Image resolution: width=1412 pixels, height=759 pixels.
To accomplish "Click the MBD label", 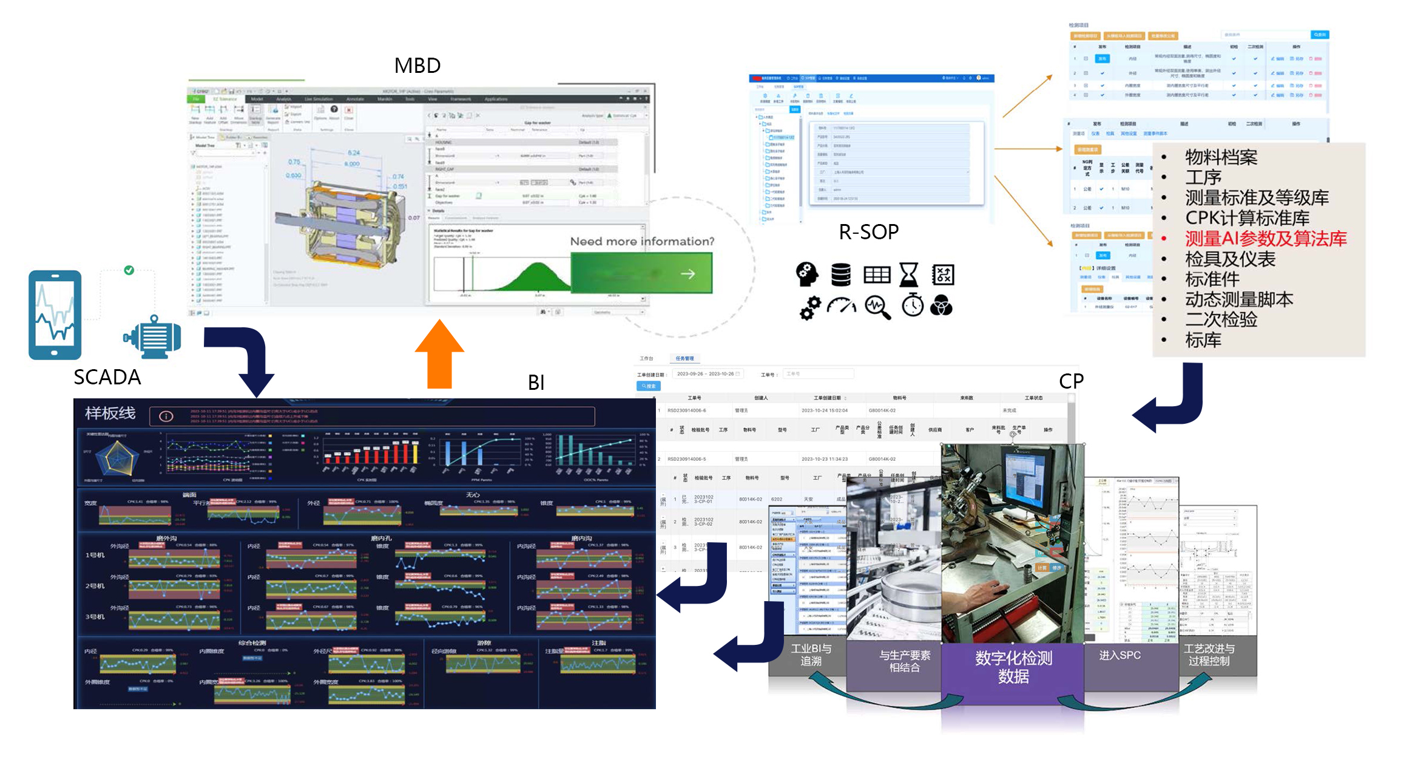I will pos(417,66).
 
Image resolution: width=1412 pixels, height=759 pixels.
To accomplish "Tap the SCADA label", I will pos(107,377).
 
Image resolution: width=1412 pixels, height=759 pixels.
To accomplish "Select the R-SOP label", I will pos(868,232).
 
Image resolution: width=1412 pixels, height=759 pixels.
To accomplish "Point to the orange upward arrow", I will pos(439,355).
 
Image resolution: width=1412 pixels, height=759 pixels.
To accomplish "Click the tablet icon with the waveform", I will pos(55,315).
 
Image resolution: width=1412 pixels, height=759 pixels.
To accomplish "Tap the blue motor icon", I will pos(153,336).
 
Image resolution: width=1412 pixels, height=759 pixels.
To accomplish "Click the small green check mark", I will pos(129,270).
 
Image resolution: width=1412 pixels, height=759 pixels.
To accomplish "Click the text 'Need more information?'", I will pos(642,242).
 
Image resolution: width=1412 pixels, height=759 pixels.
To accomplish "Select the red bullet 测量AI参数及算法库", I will pos(1265,239).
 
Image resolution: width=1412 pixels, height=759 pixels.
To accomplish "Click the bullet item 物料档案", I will pos(1221,157).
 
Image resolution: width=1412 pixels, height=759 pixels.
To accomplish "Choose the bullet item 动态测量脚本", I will pos(1239,299).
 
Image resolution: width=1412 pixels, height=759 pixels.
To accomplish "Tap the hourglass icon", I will pos(908,275).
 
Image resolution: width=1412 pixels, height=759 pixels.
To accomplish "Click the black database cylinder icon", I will pos(840,275).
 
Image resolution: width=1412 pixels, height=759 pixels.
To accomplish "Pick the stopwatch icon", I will pos(912,305).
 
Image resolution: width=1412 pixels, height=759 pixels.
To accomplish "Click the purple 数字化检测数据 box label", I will pos(1013,667).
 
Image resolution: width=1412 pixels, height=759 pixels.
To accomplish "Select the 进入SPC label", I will pos(1120,655).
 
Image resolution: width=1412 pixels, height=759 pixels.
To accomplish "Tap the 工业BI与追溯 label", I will pos(811,655).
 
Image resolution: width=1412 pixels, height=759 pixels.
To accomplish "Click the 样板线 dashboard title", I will pos(110,414).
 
